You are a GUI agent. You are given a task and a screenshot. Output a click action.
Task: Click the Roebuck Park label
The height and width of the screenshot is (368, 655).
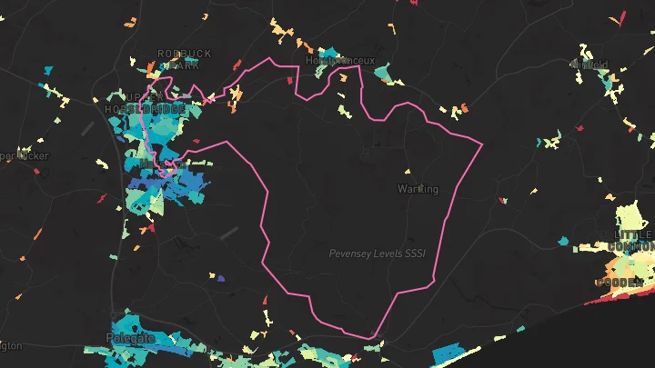[184, 59]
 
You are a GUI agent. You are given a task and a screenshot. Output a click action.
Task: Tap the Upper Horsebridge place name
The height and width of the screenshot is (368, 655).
[146, 103]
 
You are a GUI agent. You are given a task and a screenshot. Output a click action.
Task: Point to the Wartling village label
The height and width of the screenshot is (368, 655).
[418, 189]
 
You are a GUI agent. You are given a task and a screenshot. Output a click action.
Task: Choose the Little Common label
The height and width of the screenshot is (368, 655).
[635, 239]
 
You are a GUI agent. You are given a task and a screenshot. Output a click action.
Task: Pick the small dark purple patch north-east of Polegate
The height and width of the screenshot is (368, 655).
[221, 277]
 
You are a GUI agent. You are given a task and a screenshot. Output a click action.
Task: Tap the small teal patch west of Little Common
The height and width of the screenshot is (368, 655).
[563, 241]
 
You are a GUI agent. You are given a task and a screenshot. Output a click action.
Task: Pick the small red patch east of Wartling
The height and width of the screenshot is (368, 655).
[499, 199]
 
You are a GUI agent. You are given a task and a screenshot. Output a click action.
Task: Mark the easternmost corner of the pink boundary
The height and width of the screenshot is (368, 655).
[481, 143]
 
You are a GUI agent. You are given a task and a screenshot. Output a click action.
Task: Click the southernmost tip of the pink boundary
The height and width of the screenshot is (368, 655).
[371, 339]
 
